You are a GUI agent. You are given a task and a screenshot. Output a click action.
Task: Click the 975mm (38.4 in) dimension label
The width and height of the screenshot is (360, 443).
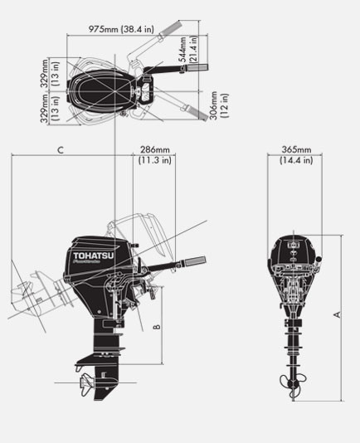124,29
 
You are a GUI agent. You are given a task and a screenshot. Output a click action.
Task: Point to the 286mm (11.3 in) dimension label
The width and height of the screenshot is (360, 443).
154,155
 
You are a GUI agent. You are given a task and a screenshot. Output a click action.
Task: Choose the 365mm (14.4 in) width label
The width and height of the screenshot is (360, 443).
295,155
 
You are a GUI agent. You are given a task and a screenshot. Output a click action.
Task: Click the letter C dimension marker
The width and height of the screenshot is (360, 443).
61,150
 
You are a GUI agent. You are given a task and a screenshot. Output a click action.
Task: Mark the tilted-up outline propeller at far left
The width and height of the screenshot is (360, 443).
22,295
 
